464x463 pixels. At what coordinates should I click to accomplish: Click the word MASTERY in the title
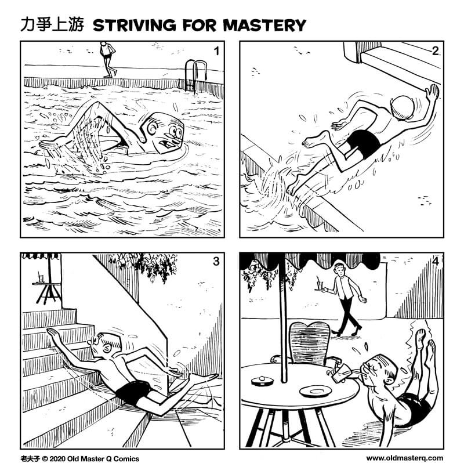(x=264, y=25)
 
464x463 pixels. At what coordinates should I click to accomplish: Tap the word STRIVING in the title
(x=135, y=25)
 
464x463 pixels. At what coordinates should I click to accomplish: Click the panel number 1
(x=216, y=51)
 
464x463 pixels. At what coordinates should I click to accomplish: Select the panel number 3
(x=216, y=262)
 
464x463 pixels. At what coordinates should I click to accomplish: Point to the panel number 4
(x=436, y=262)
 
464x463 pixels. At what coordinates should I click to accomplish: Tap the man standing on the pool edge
(x=108, y=59)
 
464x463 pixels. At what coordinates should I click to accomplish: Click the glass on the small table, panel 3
(x=41, y=278)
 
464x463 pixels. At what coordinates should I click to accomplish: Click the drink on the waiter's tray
(x=320, y=284)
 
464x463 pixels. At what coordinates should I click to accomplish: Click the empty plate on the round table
(x=316, y=392)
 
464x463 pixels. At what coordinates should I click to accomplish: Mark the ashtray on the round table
(x=262, y=381)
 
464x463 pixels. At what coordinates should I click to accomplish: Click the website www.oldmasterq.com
(x=405, y=458)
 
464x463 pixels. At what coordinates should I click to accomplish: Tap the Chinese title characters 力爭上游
(x=52, y=25)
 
